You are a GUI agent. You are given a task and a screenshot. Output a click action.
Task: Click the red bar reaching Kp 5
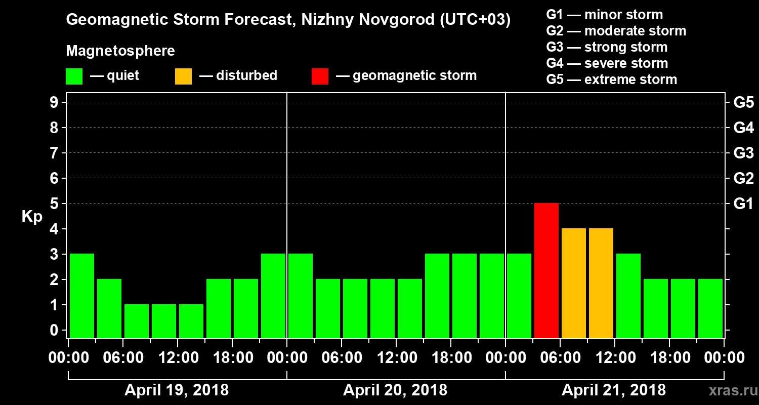[x=546, y=270]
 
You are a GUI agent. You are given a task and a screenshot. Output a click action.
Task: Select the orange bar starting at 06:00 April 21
[x=574, y=283]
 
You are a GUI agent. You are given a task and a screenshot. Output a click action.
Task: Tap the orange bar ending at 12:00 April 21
[x=601, y=283]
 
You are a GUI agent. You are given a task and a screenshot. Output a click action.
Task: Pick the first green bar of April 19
[x=82, y=296]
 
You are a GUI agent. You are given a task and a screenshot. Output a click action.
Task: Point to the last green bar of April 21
[x=710, y=308]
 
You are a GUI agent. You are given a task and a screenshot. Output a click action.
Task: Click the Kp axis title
[x=32, y=216]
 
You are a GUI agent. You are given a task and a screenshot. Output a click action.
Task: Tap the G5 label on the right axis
[x=743, y=102]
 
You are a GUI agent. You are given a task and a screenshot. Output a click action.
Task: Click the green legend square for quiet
[x=74, y=76]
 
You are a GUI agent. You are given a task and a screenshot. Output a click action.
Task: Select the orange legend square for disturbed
[x=183, y=76]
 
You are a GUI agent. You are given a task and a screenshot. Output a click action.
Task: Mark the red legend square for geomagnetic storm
[x=320, y=76]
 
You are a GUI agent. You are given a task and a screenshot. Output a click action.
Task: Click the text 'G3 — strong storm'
[x=607, y=47]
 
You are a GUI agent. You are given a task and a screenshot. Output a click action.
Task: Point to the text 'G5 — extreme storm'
[x=611, y=79]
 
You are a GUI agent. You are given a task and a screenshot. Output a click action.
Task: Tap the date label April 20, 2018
[x=395, y=390]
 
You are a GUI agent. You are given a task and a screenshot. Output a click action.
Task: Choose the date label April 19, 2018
[x=177, y=390]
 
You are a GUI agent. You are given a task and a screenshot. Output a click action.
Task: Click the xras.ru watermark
[x=729, y=390]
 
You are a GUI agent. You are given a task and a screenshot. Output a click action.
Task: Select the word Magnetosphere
[x=120, y=51]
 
